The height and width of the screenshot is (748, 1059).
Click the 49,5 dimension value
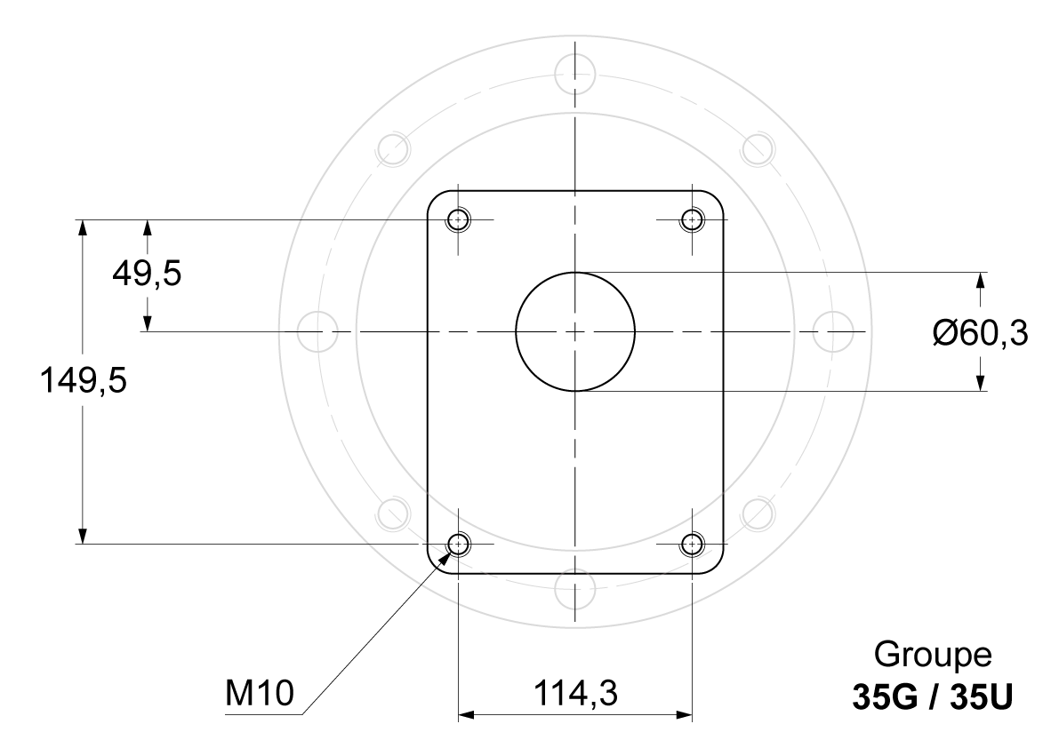click(x=147, y=274)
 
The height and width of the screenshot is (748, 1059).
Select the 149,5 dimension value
click(x=84, y=379)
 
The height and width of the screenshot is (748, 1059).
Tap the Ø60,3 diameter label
click(x=981, y=332)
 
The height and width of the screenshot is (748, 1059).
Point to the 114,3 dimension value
click(x=575, y=693)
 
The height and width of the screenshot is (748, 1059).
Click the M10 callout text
click(x=260, y=693)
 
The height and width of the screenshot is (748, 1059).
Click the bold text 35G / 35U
click(x=933, y=697)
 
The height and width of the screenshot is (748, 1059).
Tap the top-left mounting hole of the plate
click(x=459, y=220)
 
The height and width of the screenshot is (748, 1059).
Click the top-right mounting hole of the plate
click(x=693, y=220)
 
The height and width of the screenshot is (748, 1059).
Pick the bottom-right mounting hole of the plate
click(x=693, y=544)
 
